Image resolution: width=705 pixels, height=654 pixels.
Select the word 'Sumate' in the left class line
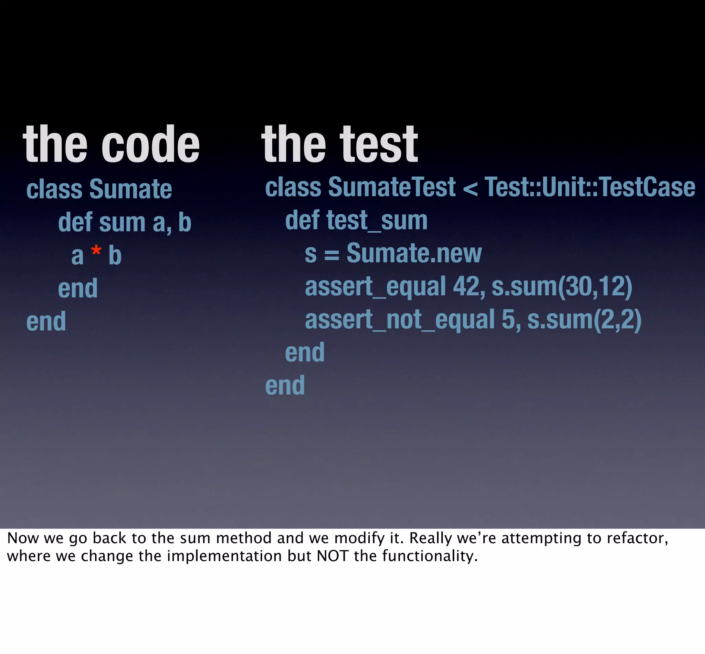[x=130, y=189]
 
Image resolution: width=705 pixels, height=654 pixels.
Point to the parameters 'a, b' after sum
[x=172, y=223]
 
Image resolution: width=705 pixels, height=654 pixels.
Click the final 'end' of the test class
[x=285, y=386]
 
